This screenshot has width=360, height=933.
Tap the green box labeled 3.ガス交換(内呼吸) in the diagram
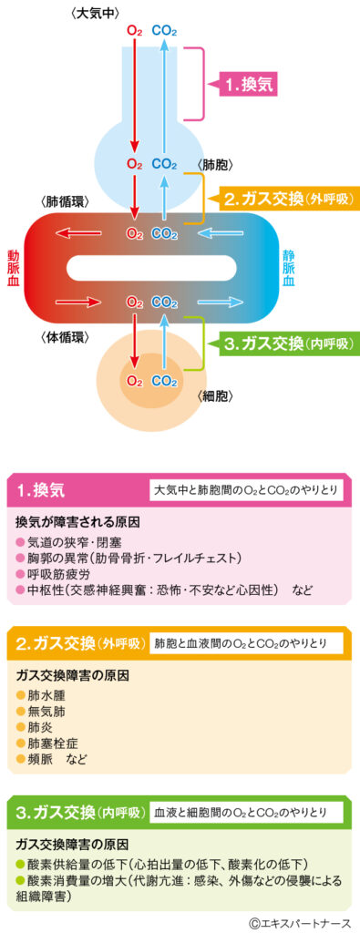click(288, 343)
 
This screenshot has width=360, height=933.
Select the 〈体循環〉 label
click(67, 338)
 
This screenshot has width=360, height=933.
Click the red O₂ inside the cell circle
click(134, 380)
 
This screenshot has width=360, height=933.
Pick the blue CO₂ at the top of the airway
click(165, 31)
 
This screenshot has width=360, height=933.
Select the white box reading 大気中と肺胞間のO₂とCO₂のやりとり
click(246, 490)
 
